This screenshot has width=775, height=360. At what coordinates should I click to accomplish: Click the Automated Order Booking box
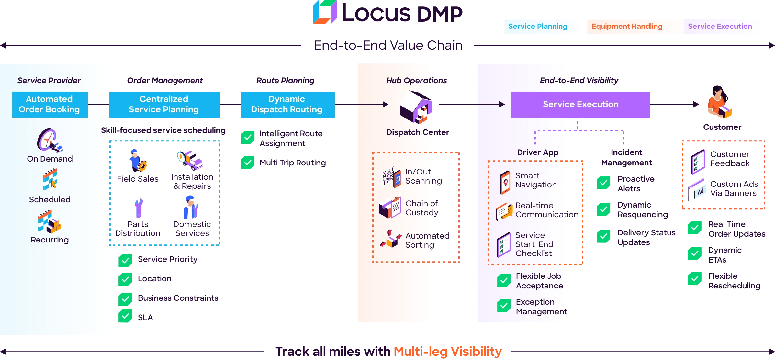point(50,104)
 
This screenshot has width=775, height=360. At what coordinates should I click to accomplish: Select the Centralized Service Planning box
point(164,104)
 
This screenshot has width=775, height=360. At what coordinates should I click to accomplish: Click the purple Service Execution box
point(580,104)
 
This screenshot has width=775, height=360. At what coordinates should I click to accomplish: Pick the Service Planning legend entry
point(538,26)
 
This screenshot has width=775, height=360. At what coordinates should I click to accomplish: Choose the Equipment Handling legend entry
point(627,26)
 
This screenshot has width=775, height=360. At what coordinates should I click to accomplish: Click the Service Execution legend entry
point(720,26)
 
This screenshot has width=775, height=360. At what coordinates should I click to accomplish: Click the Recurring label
point(50,240)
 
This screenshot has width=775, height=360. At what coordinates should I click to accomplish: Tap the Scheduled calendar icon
point(50,179)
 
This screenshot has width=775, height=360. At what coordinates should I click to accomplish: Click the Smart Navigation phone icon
point(505,182)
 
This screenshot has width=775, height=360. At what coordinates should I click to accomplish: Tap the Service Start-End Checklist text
point(534,244)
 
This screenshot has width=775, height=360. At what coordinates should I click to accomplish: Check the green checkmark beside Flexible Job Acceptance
point(504,280)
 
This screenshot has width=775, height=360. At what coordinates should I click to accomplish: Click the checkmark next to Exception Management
point(504,306)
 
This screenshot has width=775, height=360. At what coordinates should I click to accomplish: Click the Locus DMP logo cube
point(324,13)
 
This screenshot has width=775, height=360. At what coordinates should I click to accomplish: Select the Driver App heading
point(538,152)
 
